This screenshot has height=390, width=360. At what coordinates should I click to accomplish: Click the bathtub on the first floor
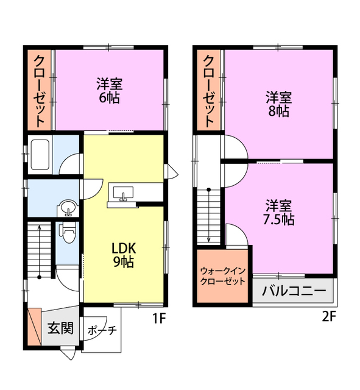[x=40, y=155]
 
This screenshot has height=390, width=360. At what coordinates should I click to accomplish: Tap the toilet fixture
[x=68, y=232]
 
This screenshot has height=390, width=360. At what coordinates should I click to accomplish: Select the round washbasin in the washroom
[x=68, y=207]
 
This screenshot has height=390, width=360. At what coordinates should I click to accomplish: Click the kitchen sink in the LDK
[x=123, y=194]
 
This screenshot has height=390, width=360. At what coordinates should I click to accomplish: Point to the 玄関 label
[x=61, y=328]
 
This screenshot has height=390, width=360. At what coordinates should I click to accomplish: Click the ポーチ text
[x=102, y=330]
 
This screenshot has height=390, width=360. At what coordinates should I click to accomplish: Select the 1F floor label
[x=158, y=317]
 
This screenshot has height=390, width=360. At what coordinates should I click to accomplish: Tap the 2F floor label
[x=329, y=317]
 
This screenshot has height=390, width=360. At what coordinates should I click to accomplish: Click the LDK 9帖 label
[x=124, y=255]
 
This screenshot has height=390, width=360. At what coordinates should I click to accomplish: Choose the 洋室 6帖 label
[x=110, y=91]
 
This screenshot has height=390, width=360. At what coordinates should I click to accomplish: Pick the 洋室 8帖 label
[x=279, y=104]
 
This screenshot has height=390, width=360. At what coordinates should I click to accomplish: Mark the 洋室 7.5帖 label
[x=279, y=213]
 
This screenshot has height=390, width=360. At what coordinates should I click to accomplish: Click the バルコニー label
[x=294, y=291]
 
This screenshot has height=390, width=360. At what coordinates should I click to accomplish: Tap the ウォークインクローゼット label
[x=223, y=276]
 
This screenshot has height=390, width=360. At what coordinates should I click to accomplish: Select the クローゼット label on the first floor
[x=39, y=91]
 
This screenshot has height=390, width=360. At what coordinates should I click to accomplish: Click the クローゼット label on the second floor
[x=208, y=91]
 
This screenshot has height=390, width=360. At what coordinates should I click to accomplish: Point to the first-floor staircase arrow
[x=39, y=252]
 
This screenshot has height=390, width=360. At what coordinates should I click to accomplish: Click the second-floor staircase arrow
[x=209, y=215]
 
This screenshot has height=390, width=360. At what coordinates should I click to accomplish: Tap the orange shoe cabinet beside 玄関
[x=34, y=327]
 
